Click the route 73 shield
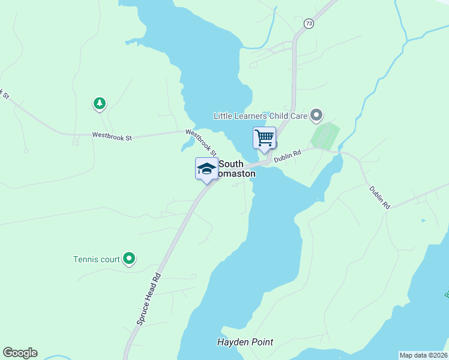pos(309,23)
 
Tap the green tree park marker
pos(100,104)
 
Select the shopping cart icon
pos(264,138)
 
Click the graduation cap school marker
pos(206,169)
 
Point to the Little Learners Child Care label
pos(261,115)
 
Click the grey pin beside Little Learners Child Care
pos(317,115)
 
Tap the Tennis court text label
pos(97,260)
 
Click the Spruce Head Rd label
pos(149,299)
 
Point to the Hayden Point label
pos(245,343)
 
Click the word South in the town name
pos(231,163)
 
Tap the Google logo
pos(20,353)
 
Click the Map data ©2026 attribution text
pos(423,355)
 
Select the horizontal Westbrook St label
pos(112,137)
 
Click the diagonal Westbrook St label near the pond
pos(200,142)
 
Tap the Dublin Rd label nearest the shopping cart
pos(286,156)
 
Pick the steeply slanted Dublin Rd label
pos(379,197)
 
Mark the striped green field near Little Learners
pos(325,136)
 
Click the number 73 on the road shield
pos(309,23)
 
